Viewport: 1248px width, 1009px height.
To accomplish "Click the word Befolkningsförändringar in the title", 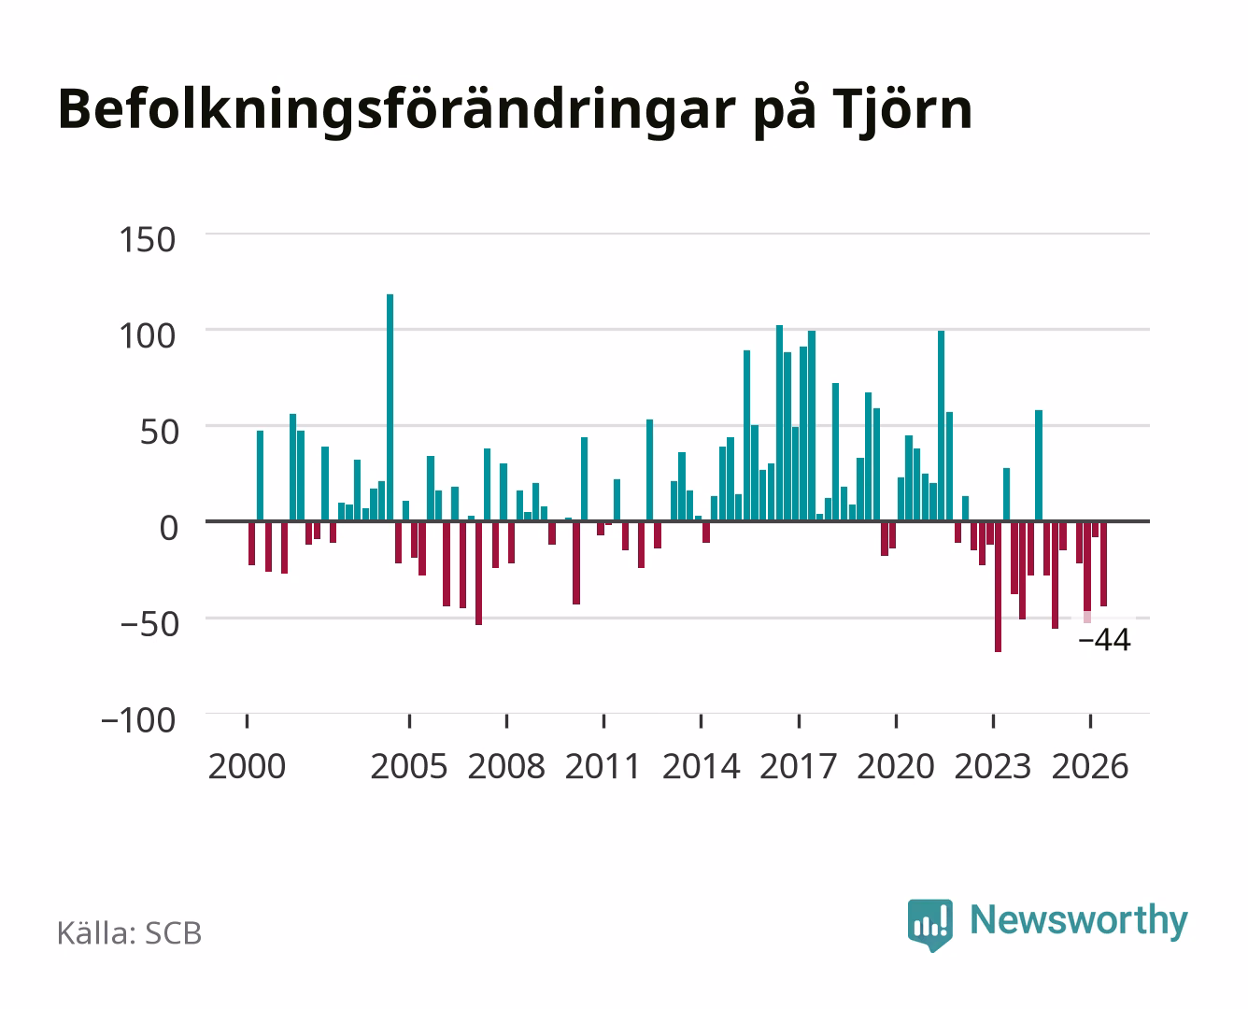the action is click(397, 111).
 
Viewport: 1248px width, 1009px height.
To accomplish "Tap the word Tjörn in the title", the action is click(901, 109).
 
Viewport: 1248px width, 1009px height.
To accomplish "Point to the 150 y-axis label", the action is click(147, 240).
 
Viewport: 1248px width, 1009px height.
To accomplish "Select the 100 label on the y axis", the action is click(147, 336).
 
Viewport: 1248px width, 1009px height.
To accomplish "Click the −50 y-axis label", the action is click(149, 624).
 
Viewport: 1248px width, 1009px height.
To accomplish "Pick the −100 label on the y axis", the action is click(138, 720).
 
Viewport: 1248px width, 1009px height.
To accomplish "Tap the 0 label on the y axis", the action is click(169, 528).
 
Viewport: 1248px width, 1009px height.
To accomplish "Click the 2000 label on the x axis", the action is click(247, 766).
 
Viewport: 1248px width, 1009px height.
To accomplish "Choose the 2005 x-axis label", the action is click(409, 766).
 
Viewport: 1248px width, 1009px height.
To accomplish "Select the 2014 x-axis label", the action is click(701, 766).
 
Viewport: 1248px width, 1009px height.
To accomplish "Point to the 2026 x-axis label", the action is click(1090, 766).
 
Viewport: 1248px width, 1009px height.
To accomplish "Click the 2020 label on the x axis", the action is click(895, 766).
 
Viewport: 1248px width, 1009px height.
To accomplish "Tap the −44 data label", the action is click(1104, 640).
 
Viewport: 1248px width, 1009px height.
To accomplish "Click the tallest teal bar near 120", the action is click(390, 407).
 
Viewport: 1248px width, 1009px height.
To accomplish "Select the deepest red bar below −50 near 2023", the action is click(998, 587).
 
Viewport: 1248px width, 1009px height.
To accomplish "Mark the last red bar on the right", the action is click(1103, 563).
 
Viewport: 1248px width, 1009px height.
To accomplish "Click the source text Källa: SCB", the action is click(130, 933).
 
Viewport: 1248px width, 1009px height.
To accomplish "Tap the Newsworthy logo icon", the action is click(929, 925).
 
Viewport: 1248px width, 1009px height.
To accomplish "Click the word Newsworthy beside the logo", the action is click(1079, 921).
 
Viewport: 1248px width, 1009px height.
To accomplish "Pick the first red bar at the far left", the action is click(251, 543).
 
